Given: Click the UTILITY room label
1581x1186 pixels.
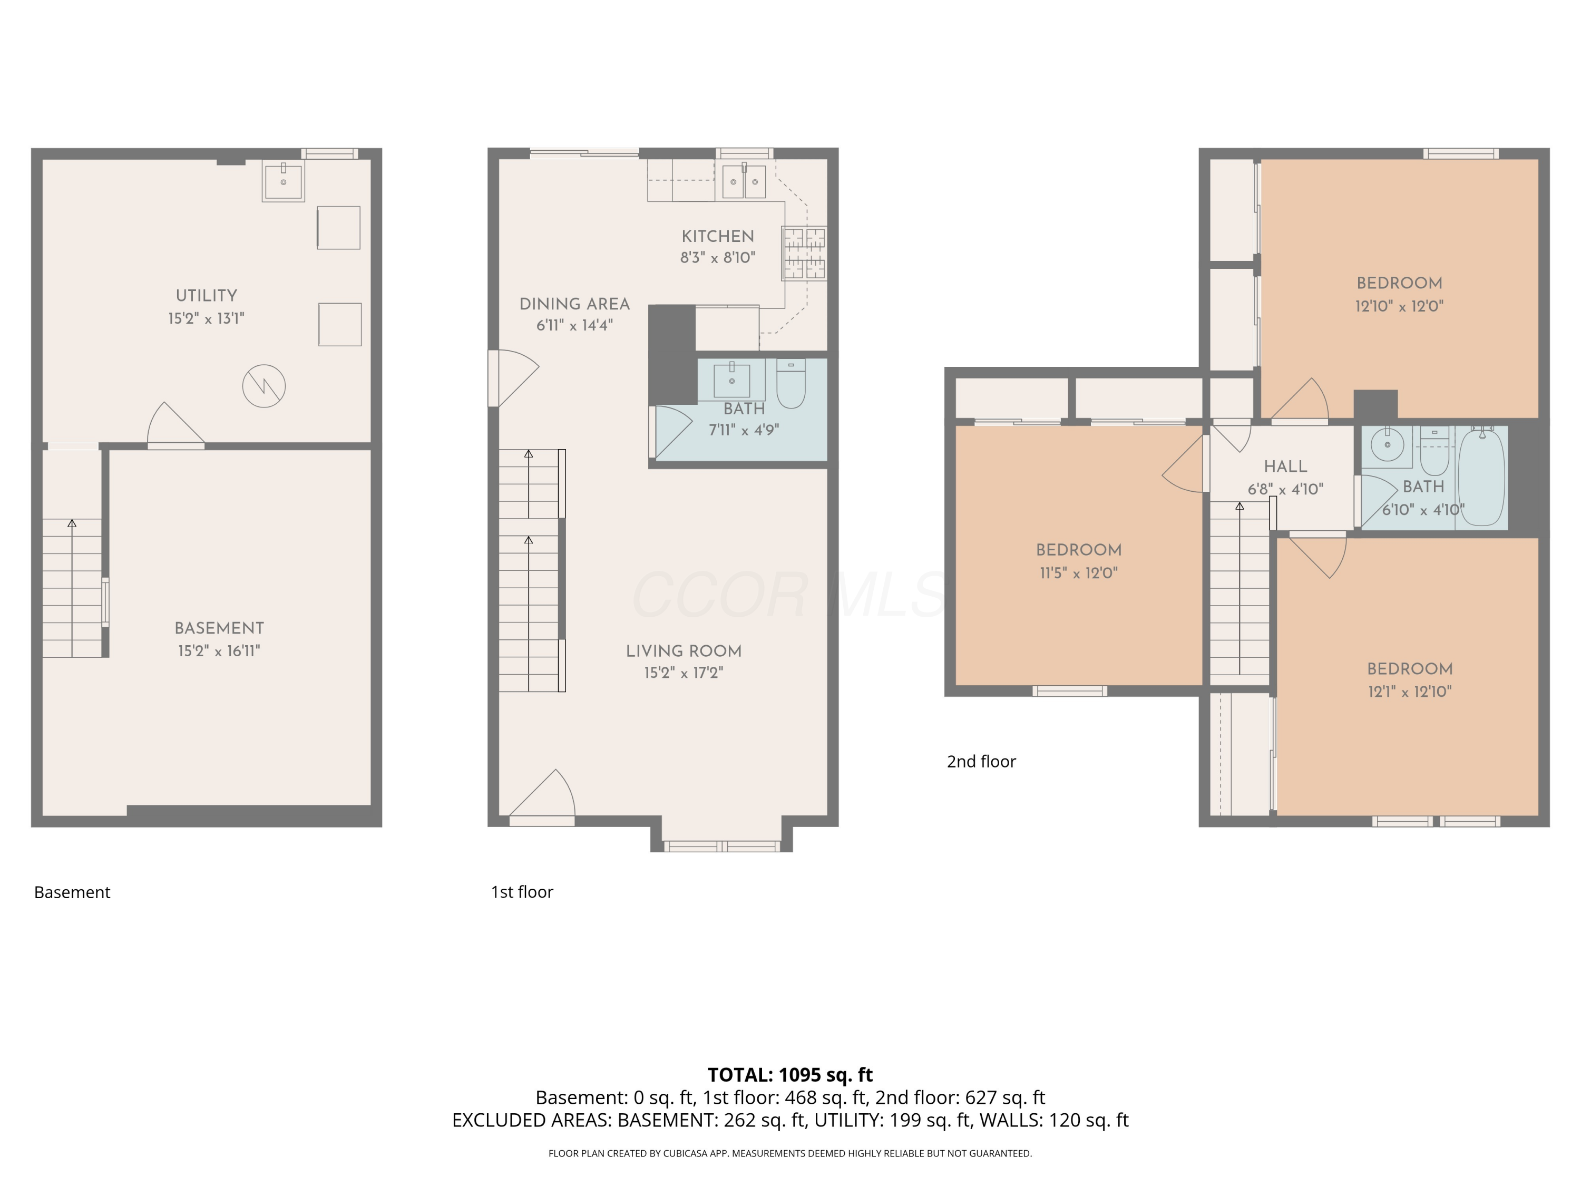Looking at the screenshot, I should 206,295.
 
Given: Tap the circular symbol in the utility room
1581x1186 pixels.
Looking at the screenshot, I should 263,386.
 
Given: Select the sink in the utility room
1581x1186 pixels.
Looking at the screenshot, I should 283,181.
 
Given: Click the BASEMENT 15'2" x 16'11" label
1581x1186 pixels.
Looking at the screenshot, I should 219,639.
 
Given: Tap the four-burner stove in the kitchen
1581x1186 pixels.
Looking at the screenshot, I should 804,253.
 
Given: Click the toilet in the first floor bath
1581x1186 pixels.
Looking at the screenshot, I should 790,384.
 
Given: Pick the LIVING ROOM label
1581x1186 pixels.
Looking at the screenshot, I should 684,652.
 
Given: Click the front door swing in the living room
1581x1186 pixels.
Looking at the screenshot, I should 543,795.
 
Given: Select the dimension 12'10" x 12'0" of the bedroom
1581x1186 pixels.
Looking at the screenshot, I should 1399,306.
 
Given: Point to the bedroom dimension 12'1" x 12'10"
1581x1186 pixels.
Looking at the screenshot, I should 1410,691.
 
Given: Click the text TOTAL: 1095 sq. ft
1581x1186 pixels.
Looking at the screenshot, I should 790,1074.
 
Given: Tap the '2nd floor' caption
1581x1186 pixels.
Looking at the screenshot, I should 981,761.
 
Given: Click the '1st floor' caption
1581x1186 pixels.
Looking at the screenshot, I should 522,891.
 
